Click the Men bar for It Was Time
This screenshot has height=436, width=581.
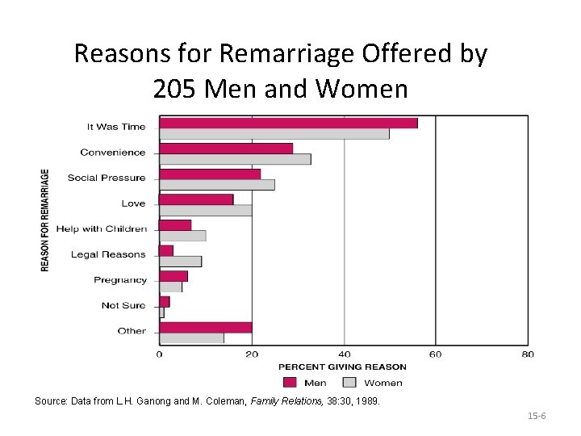tap(288, 123)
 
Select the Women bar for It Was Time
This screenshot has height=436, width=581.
tap(274, 133)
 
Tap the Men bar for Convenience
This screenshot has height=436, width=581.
tap(226, 149)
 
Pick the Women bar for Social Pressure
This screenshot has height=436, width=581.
tap(217, 185)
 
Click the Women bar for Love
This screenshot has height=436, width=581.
tap(206, 210)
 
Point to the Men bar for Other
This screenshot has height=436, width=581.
tap(206, 327)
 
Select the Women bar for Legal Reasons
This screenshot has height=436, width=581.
tap(181, 261)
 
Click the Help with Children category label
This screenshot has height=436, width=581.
tap(113, 228)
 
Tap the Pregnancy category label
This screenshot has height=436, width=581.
tap(120, 280)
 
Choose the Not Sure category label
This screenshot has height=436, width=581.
tap(123, 305)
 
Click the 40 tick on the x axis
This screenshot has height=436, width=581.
tap(345, 354)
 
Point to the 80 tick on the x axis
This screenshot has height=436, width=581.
tap(528, 354)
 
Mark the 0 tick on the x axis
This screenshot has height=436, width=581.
tap(159, 354)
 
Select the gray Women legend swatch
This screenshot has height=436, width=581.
tap(349, 383)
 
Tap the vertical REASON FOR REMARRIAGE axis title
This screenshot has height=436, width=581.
tap(45, 220)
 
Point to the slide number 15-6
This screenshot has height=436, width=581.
tap(537, 416)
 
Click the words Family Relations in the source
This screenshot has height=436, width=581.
tap(275, 400)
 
